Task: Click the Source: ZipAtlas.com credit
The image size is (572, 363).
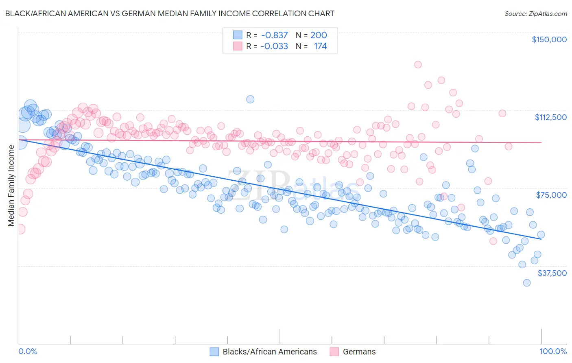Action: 535,14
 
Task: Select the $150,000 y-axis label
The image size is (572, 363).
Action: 549,39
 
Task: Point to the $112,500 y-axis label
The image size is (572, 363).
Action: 550,117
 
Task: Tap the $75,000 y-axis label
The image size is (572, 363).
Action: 551,195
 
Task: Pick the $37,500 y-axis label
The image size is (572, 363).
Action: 552,273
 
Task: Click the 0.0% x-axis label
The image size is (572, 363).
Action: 28,351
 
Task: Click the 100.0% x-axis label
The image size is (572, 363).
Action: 553,351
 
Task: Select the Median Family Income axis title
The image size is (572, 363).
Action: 11,185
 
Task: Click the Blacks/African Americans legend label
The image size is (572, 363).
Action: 270,352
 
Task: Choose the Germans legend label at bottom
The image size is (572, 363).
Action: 359,352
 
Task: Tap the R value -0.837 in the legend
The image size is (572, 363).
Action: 275,35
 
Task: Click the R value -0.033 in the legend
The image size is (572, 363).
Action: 275,46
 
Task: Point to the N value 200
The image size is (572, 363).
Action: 319,35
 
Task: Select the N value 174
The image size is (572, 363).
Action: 320,46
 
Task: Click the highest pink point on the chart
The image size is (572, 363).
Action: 418,64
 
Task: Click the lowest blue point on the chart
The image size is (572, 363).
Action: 527,283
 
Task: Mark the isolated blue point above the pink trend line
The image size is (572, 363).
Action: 250,99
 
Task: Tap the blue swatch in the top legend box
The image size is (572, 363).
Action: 238,35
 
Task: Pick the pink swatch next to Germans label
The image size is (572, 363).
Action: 334,352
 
